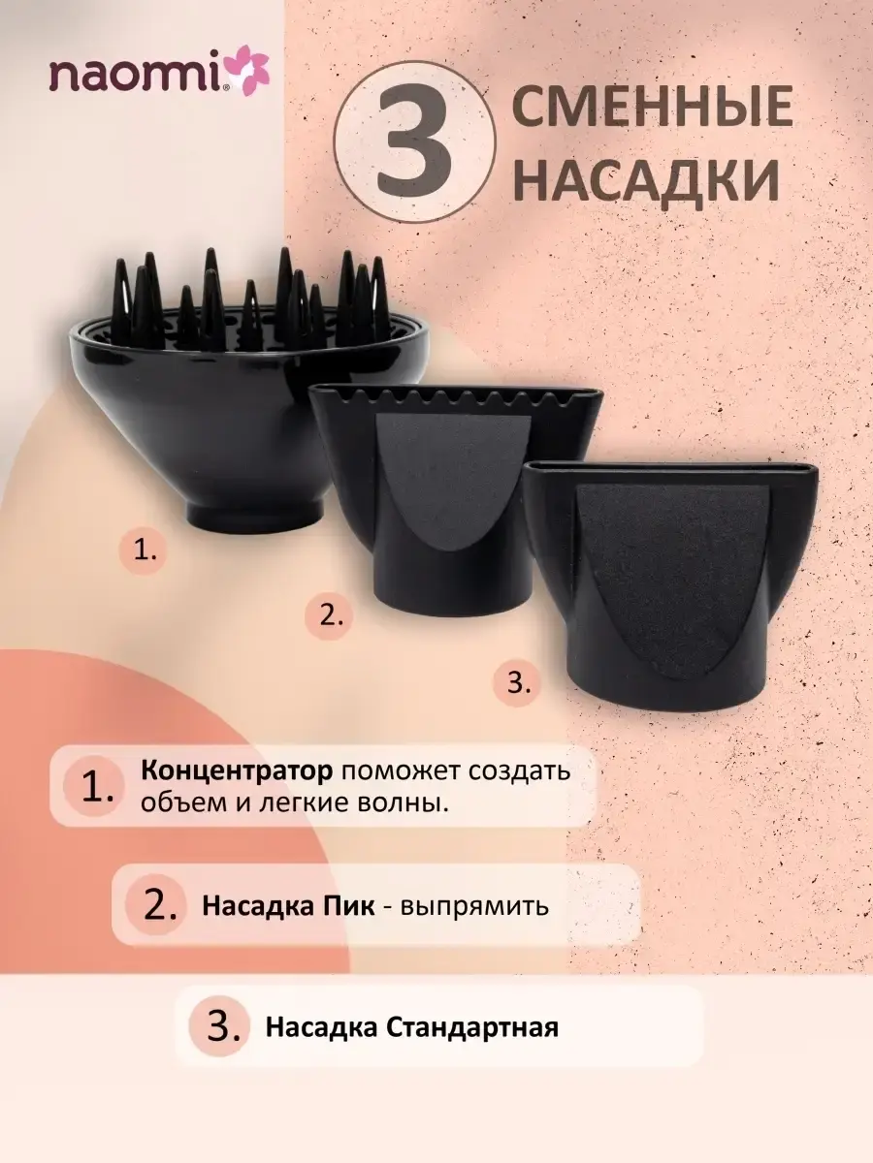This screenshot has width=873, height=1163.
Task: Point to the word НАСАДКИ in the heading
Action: pos(647,176)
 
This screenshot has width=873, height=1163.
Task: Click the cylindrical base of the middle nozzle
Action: pos(452,588)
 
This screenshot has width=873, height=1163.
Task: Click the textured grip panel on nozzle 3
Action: pos(672,577)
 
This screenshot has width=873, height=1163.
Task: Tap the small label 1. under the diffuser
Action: pos(145,551)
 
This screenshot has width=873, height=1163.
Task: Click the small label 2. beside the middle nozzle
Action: pos(329,615)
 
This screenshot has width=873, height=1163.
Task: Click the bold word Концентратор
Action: pos(237,770)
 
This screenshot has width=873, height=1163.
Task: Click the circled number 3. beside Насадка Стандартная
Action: pos(220,1026)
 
